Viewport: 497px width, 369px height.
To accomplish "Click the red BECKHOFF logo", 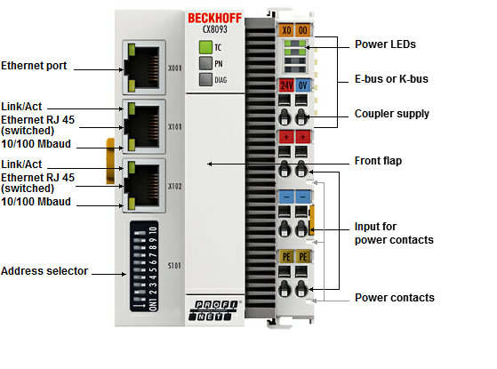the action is pyautogui.click(x=214, y=18).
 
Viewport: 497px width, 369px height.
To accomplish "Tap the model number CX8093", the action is pyautogui.click(x=215, y=29).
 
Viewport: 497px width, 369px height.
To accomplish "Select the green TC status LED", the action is pyautogui.click(x=205, y=47).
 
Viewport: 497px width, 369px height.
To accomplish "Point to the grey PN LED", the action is pyautogui.click(x=205, y=63).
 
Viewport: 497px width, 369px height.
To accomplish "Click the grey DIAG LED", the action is pyautogui.click(x=205, y=79).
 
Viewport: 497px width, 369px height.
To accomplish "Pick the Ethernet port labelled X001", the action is pyautogui.click(x=144, y=68).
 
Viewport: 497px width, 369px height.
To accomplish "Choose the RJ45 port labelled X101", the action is pyautogui.click(x=144, y=126).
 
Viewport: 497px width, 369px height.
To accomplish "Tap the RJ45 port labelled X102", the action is pyautogui.click(x=144, y=186).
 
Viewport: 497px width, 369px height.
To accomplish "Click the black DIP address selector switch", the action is pyautogui.click(x=144, y=266).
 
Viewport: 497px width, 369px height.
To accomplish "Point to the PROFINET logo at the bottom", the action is pyautogui.click(x=214, y=310).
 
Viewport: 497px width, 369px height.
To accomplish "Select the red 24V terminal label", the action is pyautogui.click(x=286, y=85).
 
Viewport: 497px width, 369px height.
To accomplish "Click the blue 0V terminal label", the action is pyautogui.click(x=303, y=85).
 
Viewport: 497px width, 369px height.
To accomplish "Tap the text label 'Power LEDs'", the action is pyautogui.click(x=385, y=44).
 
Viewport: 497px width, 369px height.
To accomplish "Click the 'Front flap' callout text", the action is pyautogui.click(x=378, y=161).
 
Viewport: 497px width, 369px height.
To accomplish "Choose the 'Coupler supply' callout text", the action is pyautogui.click(x=392, y=114).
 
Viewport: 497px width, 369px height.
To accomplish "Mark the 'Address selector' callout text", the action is pyautogui.click(x=44, y=271).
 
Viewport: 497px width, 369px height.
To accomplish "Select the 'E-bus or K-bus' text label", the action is pyautogui.click(x=391, y=79).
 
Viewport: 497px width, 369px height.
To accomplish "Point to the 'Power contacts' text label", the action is pyautogui.click(x=395, y=298).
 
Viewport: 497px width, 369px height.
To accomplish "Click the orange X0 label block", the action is pyautogui.click(x=286, y=30).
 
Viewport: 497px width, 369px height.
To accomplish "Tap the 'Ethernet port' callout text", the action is pyautogui.click(x=34, y=66).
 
